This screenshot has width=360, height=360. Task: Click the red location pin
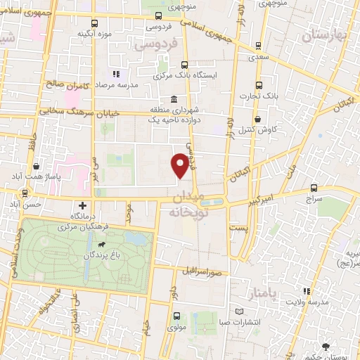pos(181,164)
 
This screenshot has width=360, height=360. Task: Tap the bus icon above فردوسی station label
pos(157,15)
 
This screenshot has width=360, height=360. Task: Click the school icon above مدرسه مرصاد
pos(117,73)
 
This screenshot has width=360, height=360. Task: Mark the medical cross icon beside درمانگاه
pos(83,205)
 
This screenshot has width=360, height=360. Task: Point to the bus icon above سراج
pos(314,188)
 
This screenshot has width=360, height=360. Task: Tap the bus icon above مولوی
pos(176,316)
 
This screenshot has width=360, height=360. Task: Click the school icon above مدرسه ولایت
pos(306,291)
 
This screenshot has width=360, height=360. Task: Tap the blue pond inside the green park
pos(141,239)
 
